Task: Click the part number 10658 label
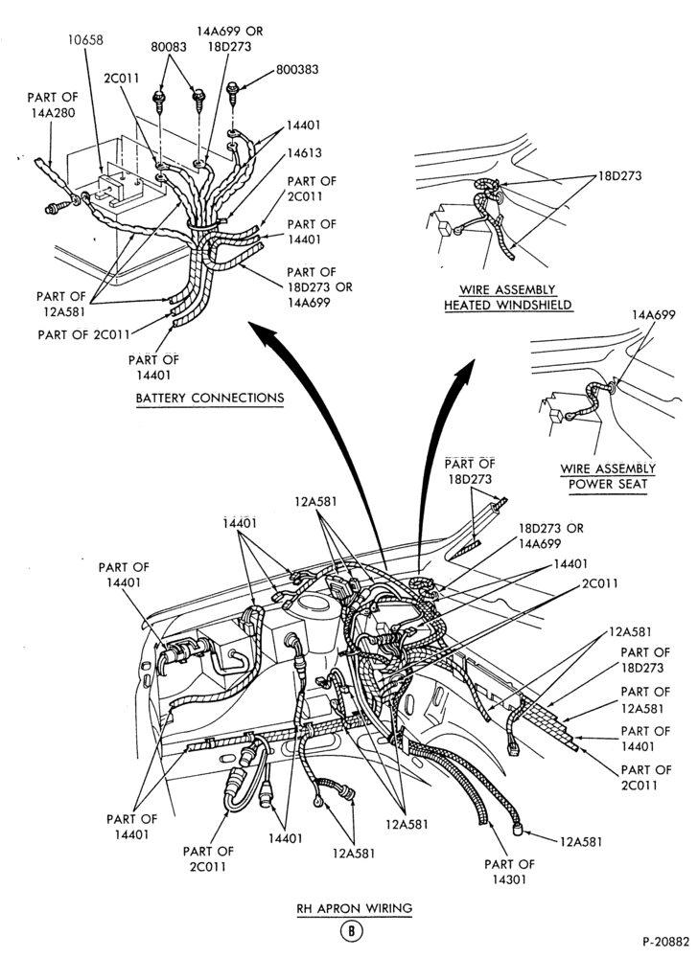pyautogui.click(x=85, y=40)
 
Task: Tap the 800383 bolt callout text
pyautogui.click(x=297, y=70)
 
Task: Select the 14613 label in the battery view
pyautogui.click(x=304, y=152)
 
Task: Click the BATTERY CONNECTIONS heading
pyautogui.click(x=210, y=399)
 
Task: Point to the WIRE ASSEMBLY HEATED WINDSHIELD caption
pyautogui.click(x=508, y=298)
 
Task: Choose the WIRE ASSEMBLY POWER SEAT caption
pyautogui.click(x=608, y=477)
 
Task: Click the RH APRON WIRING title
pyautogui.click(x=355, y=908)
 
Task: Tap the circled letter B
pyautogui.click(x=352, y=931)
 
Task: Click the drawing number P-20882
pyautogui.click(x=665, y=942)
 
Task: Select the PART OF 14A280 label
pyautogui.click(x=52, y=105)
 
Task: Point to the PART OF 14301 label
pyautogui.click(x=509, y=872)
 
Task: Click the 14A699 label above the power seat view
pyautogui.click(x=654, y=315)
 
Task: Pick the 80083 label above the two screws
pyautogui.click(x=170, y=46)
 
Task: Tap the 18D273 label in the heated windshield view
pyautogui.click(x=619, y=176)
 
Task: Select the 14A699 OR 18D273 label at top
pyautogui.click(x=230, y=38)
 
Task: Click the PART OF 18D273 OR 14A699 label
pyautogui.click(x=319, y=287)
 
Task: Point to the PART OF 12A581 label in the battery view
pyautogui.click(x=60, y=305)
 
